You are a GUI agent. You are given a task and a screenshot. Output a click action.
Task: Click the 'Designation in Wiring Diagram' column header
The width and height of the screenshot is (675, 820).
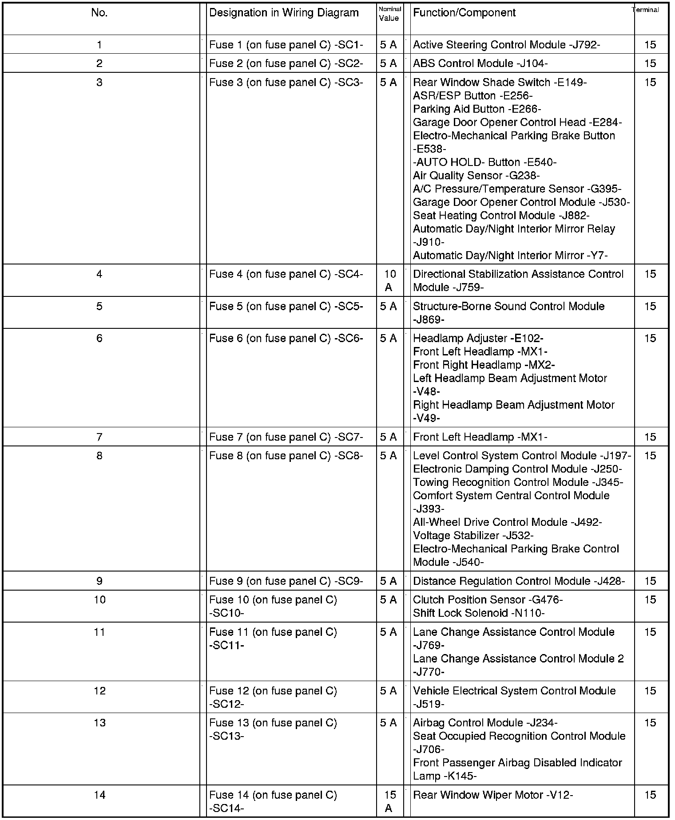click(284, 13)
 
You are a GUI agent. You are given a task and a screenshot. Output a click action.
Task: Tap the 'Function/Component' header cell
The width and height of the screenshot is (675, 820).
click(464, 13)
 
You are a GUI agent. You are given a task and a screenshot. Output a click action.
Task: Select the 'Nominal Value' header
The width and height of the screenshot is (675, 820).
click(389, 14)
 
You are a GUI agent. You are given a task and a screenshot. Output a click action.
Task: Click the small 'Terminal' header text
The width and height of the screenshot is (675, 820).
click(646, 10)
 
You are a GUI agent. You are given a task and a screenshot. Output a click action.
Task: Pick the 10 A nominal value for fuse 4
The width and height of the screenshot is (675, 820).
click(389, 280)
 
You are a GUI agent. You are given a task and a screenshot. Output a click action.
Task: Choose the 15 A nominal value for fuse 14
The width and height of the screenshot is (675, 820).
click(389, 801)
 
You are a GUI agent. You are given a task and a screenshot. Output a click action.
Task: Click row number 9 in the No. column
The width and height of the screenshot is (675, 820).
click(99, 581)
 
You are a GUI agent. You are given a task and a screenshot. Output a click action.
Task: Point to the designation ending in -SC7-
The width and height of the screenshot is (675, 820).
click(286, 437)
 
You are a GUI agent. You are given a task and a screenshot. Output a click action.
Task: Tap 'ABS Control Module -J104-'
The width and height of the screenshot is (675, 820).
click(480, 63)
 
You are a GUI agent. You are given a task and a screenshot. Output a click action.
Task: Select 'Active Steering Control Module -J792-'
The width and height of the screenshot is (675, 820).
click(507, 45)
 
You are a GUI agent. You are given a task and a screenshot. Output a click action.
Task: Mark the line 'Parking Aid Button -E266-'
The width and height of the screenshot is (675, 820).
click(477, 109)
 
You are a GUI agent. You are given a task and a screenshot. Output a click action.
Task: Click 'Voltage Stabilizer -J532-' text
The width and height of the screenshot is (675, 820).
click(473, 536)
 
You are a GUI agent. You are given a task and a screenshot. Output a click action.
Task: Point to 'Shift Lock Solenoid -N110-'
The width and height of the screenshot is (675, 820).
click(479, 613)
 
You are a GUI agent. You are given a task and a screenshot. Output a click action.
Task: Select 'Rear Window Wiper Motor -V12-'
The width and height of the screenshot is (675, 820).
click(493, 795)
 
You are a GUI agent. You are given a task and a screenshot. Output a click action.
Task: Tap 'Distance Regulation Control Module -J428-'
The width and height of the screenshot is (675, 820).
click(519, 581)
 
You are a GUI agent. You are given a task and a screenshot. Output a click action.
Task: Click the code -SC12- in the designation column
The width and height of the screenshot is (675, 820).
click(226, 704)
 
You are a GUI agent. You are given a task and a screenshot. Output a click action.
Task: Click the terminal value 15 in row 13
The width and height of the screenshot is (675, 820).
click(650, 723)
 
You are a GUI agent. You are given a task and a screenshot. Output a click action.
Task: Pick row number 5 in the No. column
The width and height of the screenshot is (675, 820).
click(99, 306)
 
